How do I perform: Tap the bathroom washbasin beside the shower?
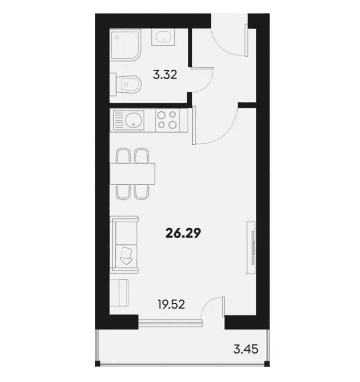tap(163, 37)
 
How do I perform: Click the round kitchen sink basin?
tap(135, 120)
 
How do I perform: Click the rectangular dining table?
tap(132, 173)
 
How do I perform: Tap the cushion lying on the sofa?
tap(127, 256)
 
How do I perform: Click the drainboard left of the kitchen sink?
tap(118, 120)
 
